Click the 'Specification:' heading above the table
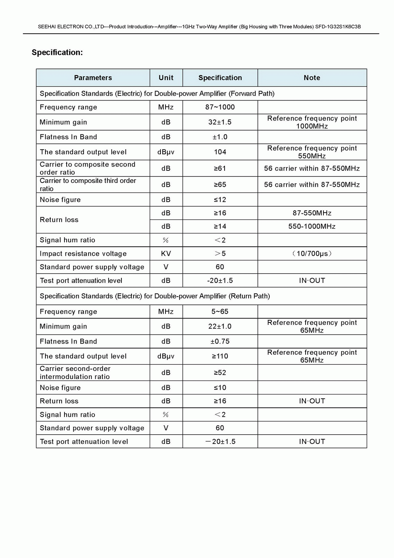tap(57, 52)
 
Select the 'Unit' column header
tap(166, 78)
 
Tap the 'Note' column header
tap(312, 78)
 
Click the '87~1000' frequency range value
tap(220, 107)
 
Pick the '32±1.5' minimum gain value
tap(220, 122)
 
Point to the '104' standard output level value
tap(220, 152)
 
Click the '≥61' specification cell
tap(220, 168)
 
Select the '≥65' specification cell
tap(220, 185)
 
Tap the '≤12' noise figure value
tap(220, 200)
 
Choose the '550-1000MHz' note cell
tap(312, 226)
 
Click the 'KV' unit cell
tap(166, 254)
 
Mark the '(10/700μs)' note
tap(312, 254)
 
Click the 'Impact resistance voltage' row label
tap(83, 254)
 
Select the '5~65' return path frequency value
tap(220, 312)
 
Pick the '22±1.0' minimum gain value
tap(220, 326)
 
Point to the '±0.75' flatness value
tap(220, 341)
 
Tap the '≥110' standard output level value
tap(220, 356)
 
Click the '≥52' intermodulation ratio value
tap(220, 373)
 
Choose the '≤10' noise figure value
tap(220, 388)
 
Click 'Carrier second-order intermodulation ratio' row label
tap(75, 373)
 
